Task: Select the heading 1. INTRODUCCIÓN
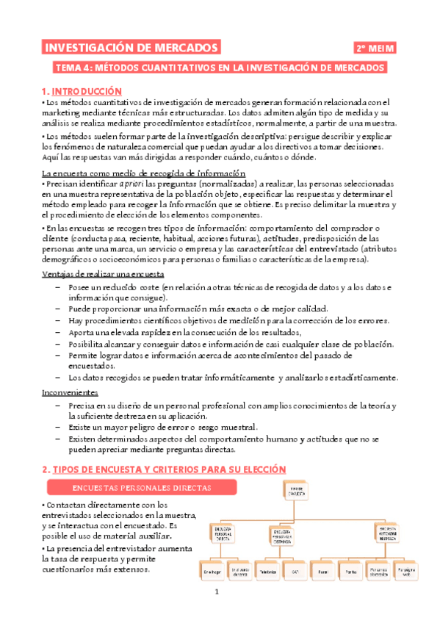[82, 91]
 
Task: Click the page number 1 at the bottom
[217, 593]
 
